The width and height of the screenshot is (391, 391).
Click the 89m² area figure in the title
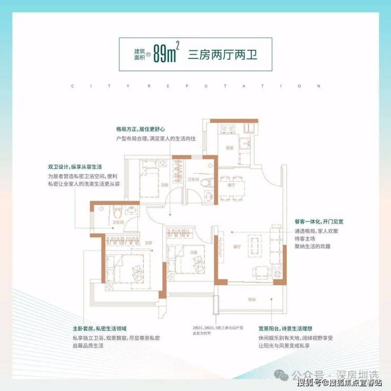point(165,54)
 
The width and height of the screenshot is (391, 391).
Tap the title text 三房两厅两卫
point(222,54)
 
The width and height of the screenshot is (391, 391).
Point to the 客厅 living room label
point(236,246)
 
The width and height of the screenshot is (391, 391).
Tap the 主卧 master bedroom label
point(149,243)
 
